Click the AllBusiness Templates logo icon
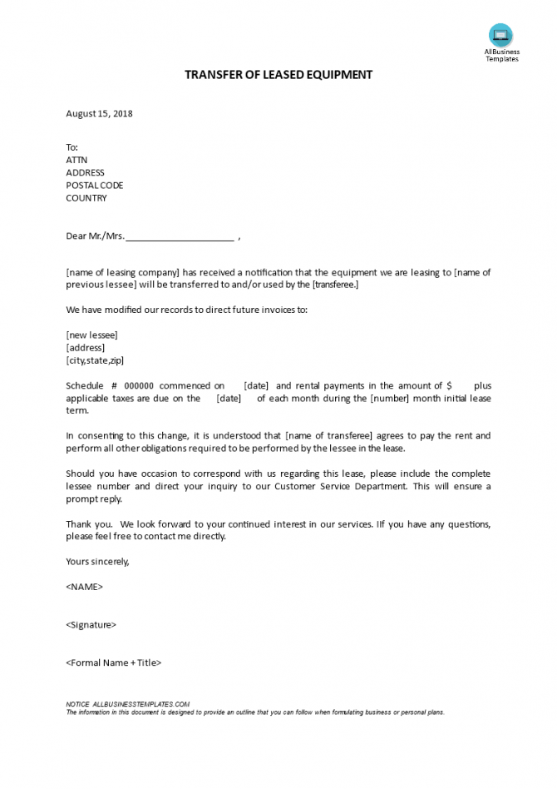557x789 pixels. click(500, 35)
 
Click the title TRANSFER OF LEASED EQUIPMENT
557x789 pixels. click(278, 75)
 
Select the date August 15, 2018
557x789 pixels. click(99, 114)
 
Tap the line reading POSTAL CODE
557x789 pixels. click(94, 185)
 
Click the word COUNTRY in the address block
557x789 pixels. click(86, 198)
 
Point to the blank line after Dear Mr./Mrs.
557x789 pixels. click(180, 236)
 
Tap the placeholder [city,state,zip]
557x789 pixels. click(96, 360)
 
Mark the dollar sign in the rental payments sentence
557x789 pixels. click(449, 386)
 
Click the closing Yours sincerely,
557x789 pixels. click(97, 562)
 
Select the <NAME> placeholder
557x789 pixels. click(84, 587)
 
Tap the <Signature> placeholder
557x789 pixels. click(91, 625)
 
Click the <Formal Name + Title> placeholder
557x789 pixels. click(113, 663)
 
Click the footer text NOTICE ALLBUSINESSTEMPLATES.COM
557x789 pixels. click(128, 704)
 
